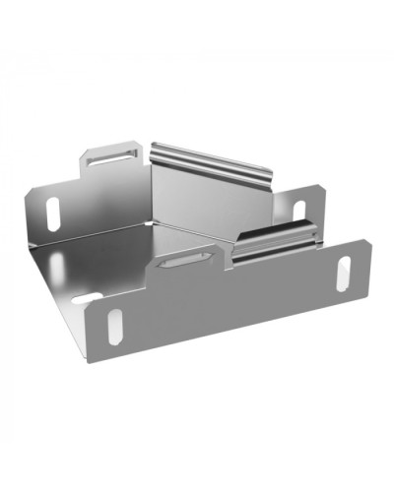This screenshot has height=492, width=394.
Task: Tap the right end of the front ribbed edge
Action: click(317, 233)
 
